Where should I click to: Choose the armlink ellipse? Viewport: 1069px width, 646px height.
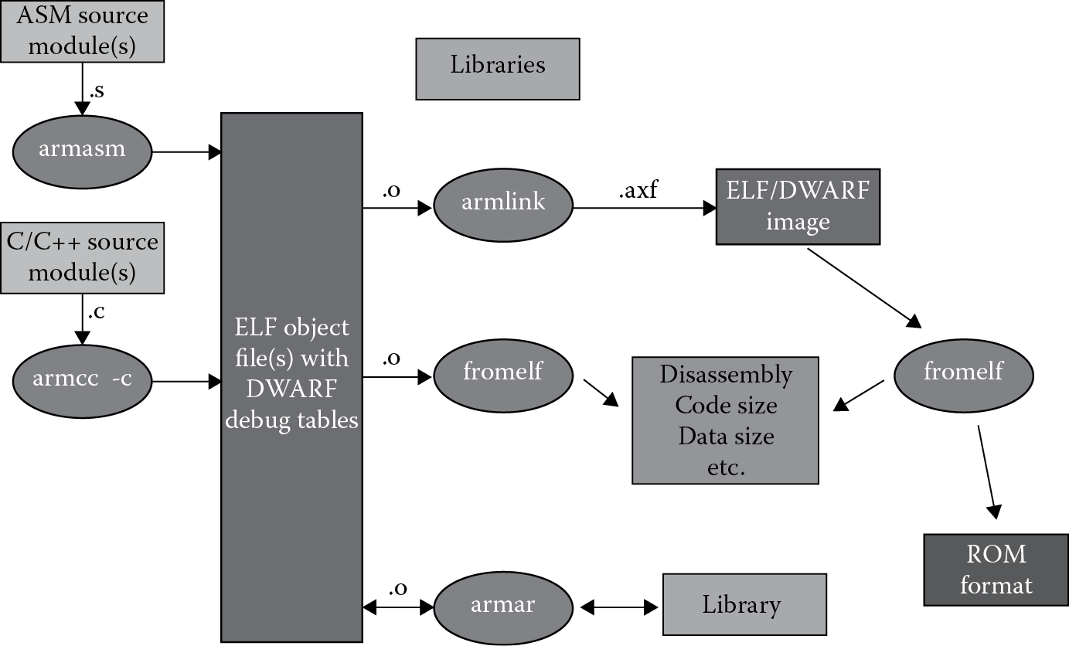[503, 202]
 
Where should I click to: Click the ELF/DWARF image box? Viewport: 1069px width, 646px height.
[798, 206]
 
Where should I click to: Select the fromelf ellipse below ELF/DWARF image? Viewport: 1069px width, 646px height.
[963, 372]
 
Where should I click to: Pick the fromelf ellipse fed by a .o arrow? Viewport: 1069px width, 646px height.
[503, 372]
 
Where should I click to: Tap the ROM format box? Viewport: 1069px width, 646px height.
[996, 569]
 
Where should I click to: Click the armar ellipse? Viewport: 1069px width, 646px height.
[503, 605]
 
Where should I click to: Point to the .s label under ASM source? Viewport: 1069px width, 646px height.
[97, 91]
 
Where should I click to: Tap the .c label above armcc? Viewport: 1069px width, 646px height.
[97, 313]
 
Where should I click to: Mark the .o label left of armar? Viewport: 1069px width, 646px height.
[397, 588]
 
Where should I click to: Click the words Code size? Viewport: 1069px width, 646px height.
[726, 405]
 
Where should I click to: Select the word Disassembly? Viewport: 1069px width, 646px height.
[726, 375]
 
